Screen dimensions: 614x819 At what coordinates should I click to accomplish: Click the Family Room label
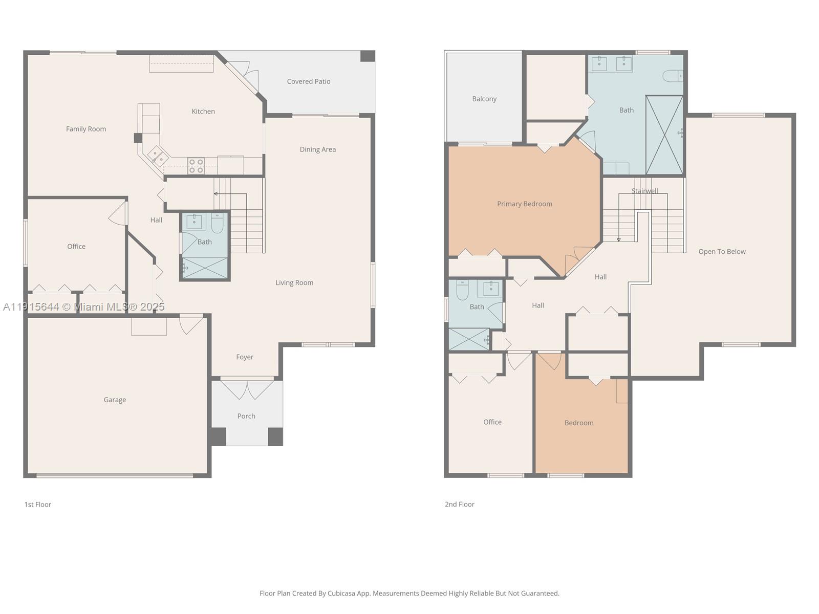point(86,129)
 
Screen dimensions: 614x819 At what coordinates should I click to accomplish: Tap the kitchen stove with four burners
point(196,166)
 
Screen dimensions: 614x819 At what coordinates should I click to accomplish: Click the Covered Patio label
point(309,81)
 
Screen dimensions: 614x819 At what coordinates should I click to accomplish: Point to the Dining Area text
point(318,149)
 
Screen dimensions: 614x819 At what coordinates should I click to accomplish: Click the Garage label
point(115,400)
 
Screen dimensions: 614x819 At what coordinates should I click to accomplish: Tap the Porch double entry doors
point(247,389)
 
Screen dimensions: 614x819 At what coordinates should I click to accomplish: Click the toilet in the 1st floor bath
point(217,223)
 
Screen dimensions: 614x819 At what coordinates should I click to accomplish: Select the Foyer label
point(245,357)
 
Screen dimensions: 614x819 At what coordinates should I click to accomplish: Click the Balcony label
point(484,99)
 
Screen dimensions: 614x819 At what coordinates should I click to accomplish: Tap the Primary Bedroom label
point(525,204)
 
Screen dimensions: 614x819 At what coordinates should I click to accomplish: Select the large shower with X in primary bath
point(664,135)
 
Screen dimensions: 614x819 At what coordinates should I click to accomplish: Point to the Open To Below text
point(722,251)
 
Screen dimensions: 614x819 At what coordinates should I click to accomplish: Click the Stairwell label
point(644,191)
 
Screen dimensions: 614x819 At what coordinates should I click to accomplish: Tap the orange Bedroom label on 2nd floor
point(579,423)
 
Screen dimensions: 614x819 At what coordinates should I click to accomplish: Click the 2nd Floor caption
point(459,504)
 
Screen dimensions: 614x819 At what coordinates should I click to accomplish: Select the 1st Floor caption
point(38,504)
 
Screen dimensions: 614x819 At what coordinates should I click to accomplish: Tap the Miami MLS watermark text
point(84,306)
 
